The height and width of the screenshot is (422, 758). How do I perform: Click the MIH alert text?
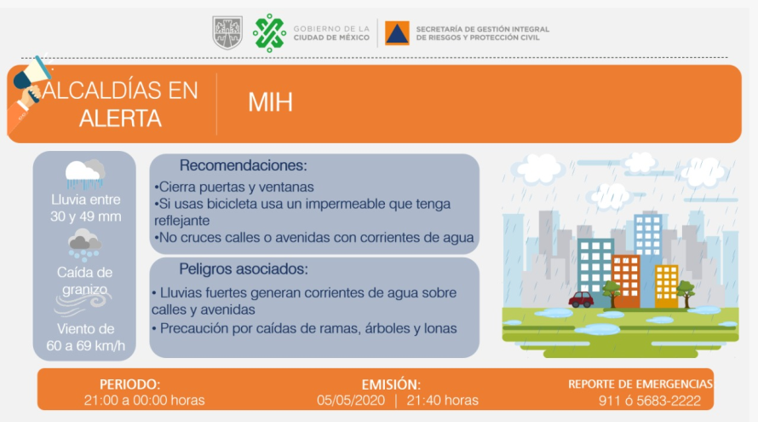[x=270, y=102]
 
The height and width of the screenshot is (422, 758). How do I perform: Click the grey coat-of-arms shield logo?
[x=227, y=33]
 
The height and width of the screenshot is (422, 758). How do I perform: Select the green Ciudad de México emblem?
[x=270, y=33]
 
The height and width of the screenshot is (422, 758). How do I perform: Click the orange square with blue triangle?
[x=397, y=33]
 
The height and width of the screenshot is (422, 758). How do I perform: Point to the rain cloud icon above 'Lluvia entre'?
[x=85, y=174]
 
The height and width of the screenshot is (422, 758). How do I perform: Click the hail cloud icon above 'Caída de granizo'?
[x=84, y=245]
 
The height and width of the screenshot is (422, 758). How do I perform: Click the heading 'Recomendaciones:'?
[x=244, y=165]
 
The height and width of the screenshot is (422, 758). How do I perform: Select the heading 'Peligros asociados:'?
[x=244, y=269]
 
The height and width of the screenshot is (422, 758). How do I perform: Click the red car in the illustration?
[x=581, y=299]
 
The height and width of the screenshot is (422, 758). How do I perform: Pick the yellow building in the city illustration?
[x=667, y=286]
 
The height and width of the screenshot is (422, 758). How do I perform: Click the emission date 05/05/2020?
[x=351, y=401]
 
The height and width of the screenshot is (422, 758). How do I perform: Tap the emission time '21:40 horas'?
[x=442, y=401]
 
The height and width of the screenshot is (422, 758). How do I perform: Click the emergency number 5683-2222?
[x=669, y=402]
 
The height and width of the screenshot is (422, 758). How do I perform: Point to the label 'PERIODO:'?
[x=129, y=384]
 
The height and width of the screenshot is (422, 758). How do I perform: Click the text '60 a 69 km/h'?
[x=85, y=346]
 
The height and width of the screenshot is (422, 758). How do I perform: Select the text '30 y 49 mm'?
[x=85, y=217]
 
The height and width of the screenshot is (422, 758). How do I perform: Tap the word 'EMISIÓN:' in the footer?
[x=391, y=384]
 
